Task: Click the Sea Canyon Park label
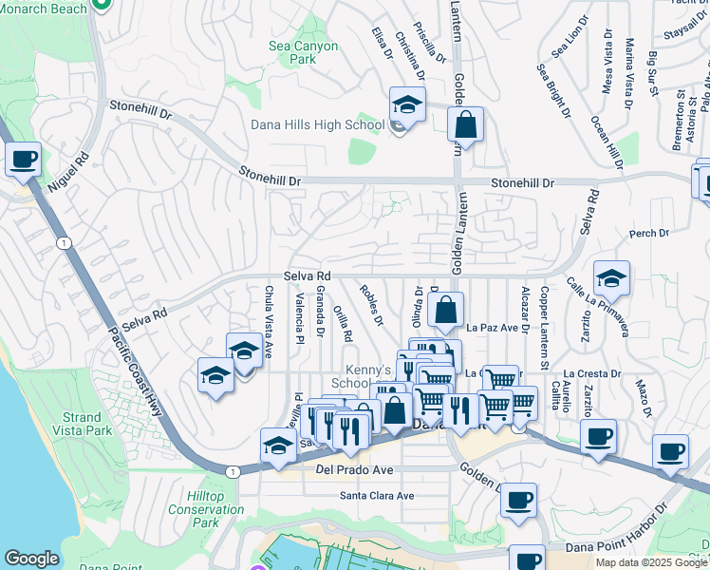coord(303,52)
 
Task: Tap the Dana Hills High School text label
coord(317,124)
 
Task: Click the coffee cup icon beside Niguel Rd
coord(24,159)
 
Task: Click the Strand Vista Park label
coord(82,425)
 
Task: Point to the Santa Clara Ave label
coord(377,496)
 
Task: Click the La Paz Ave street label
coord(492,328)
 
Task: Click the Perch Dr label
coord(649,233)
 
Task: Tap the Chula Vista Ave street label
coord(269,322)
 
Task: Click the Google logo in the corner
coord(31,559)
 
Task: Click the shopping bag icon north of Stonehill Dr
coord(465,124)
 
